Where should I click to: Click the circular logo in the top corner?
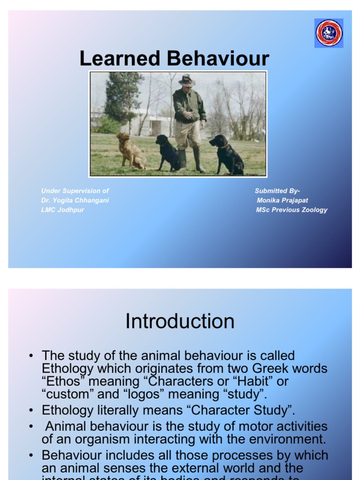coord(329,33)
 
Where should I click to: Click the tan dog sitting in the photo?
coord(130,150)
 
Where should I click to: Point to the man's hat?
coord(187,80)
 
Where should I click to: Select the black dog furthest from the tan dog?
coord(227,154)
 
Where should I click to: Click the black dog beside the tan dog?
coord(167,152)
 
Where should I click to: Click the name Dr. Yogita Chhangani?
coord(75,200)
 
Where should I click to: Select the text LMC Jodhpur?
coord(63,210)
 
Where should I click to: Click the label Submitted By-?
coord(277,191)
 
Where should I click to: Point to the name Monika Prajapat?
coord(282,200)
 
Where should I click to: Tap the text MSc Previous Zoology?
coord(292,210)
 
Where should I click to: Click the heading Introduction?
coord(180,322)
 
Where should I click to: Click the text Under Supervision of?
coord(75,191)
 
